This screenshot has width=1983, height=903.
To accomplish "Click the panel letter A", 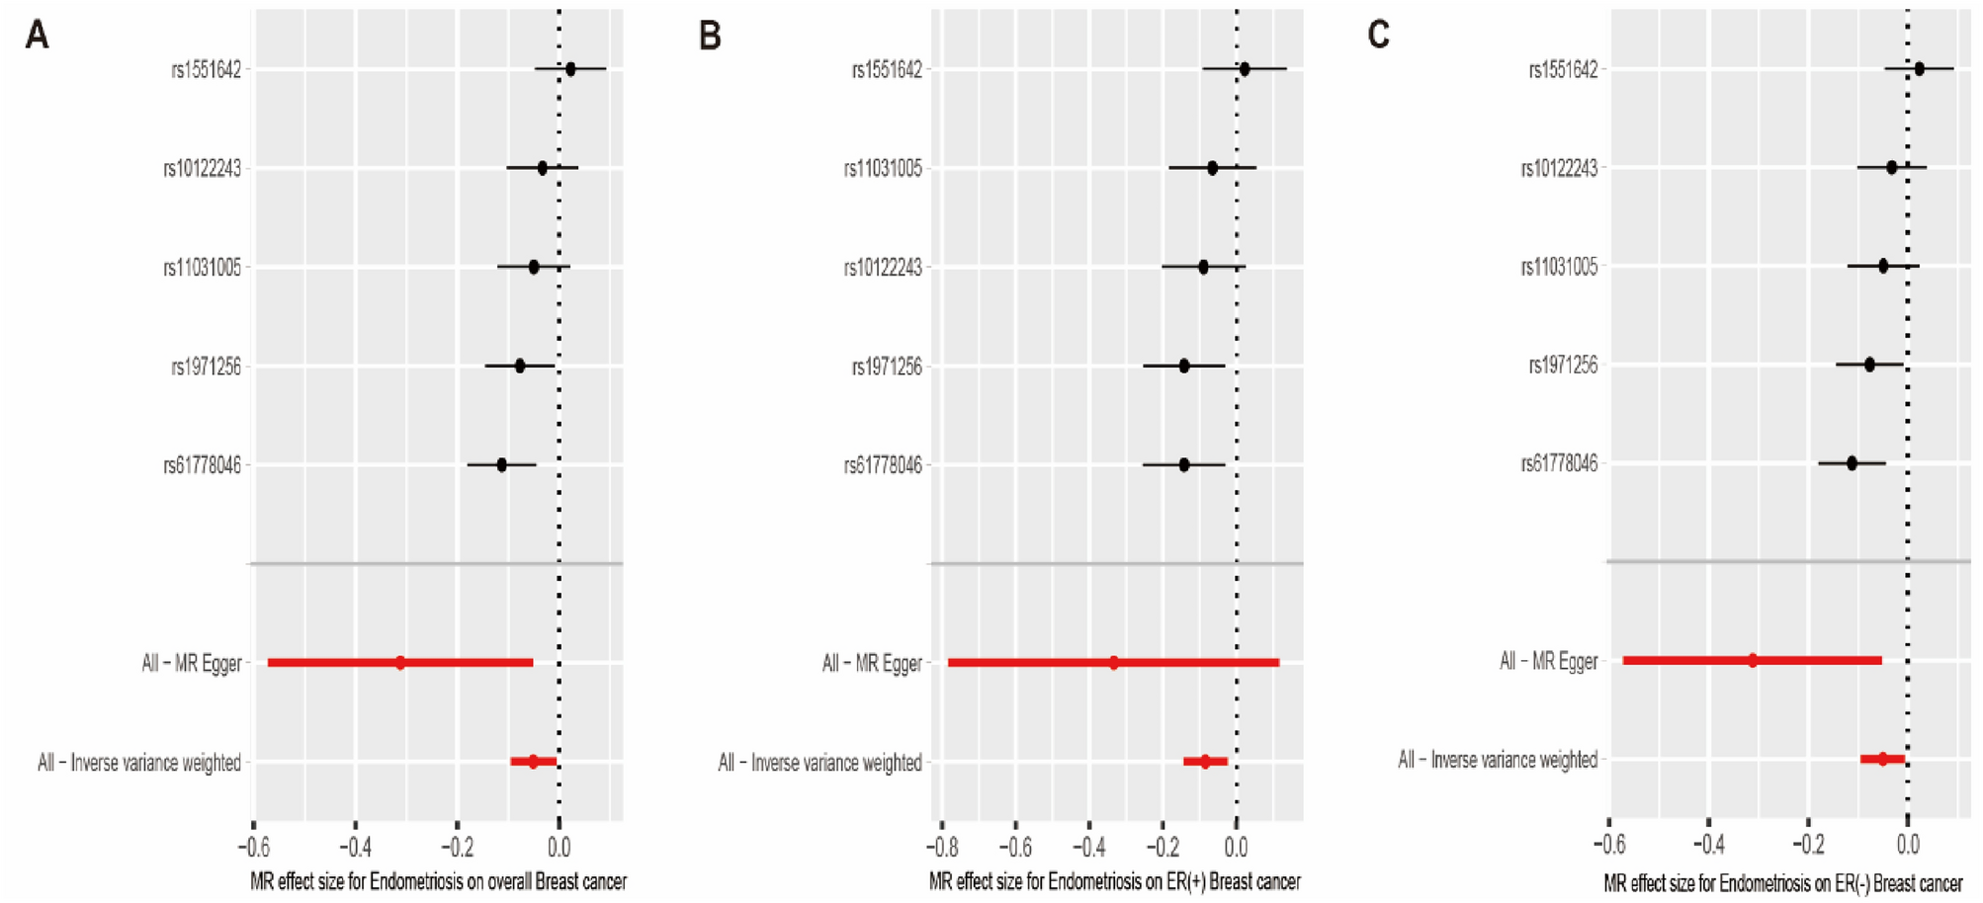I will pyautogui.click(x=37, y=36).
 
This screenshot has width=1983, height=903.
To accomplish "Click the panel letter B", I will pyautogui.click(x=710, y=36).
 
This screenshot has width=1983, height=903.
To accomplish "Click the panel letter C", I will pyautogui.click(x=1378, y=36).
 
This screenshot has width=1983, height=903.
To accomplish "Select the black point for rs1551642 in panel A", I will pyautogui.click(x=570, y=69).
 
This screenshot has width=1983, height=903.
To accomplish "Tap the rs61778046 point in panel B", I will pyautogui.click(x=1184, y=464).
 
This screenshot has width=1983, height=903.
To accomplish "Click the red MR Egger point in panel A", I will pyautogui.click(x=400, y=663).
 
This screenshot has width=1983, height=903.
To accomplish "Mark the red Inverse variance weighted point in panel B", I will pyautogui.click(x=1205, y=762).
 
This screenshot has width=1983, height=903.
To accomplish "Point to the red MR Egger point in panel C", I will pyautogui.click(x=1753, y=660).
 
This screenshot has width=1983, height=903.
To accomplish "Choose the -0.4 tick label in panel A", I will pyautogui.click(x=355, y=848).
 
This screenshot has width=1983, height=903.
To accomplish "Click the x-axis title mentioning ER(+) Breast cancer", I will pyautogui.click(x=1115, y=881).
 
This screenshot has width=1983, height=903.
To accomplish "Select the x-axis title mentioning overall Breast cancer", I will pyautogui.click(x=438, y=881).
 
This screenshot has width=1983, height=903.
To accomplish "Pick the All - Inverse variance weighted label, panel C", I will pyautogui.click(x=1497, y=760).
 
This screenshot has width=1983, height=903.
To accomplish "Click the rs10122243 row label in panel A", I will pyautogui.click(x=202, y=169).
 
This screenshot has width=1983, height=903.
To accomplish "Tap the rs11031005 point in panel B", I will pyautogui.click(x=1213, y=168).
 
